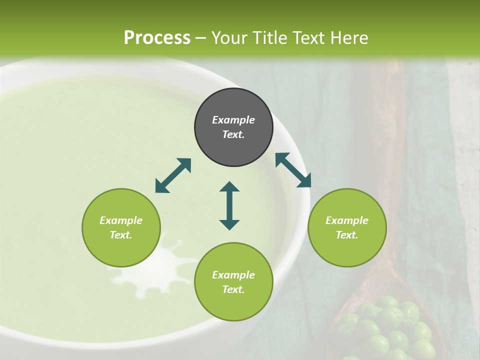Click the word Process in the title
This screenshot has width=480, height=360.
(x=157, y=38)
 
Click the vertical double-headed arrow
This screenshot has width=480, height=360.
(x=229, y=205)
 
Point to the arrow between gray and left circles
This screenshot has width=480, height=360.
(x=173, y=175)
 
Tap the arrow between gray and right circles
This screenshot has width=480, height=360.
(x=293, y=170)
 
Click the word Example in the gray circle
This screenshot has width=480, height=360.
(x=233, y=120)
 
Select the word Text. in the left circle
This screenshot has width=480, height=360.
(x=121, y=235)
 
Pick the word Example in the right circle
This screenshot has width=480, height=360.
(x=347, y=220)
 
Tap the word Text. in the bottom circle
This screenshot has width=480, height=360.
(x=233, y=289)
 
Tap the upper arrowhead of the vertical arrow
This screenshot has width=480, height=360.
(x=229, y=186)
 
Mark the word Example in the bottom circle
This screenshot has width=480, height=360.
(x=233, y=275)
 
